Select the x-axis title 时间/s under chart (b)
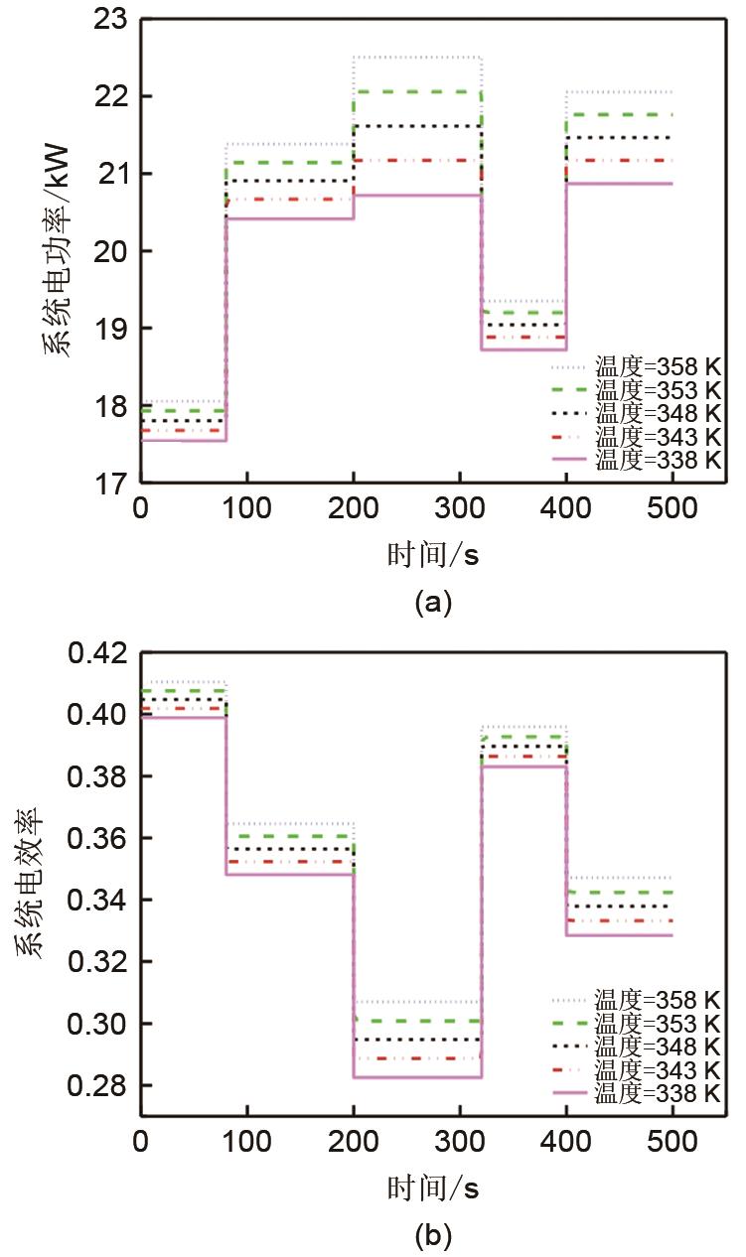pyautogui.click(x=433, y=1188)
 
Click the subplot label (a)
pyautogui.click(x=434, y=602)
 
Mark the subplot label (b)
pyautogui.click(x=434, y=1236)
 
